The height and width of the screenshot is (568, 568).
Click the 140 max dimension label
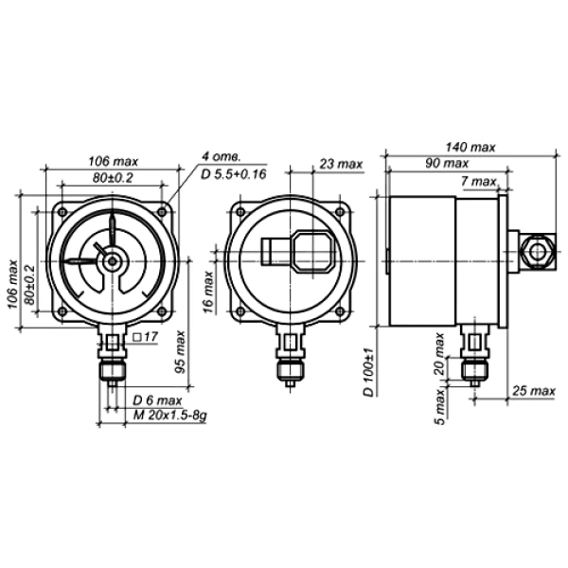pos(470,147)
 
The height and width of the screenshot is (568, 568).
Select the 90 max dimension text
pos(447,164)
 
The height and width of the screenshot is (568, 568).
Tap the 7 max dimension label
pos(478,181)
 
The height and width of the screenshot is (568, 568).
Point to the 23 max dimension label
pos(341,164)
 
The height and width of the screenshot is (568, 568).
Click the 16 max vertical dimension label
pos(208,292)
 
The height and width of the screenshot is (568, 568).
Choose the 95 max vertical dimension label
pos(180,352)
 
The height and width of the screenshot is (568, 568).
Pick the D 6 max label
pos(157,400)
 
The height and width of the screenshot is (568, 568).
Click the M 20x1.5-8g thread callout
pos(169,416)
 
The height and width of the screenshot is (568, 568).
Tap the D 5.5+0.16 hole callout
pos(234,174)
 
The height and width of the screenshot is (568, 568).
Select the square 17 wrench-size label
pos(146,337)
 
